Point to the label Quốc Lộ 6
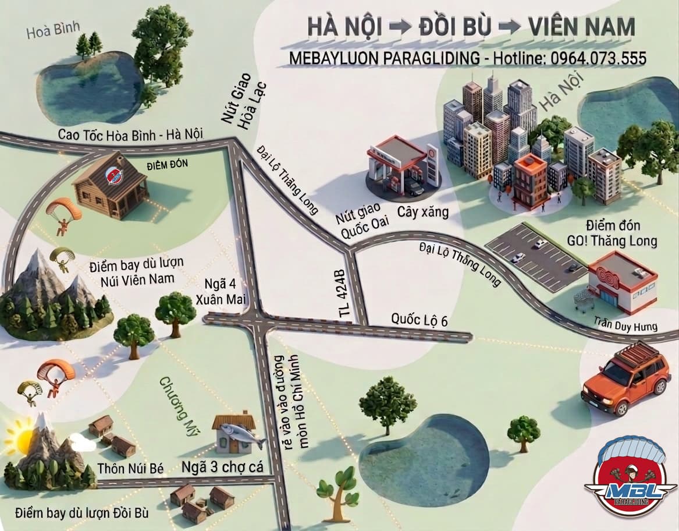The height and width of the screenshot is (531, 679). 419,320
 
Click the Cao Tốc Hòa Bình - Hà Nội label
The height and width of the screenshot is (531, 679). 130,134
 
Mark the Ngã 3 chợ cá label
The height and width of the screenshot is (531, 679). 223,467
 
